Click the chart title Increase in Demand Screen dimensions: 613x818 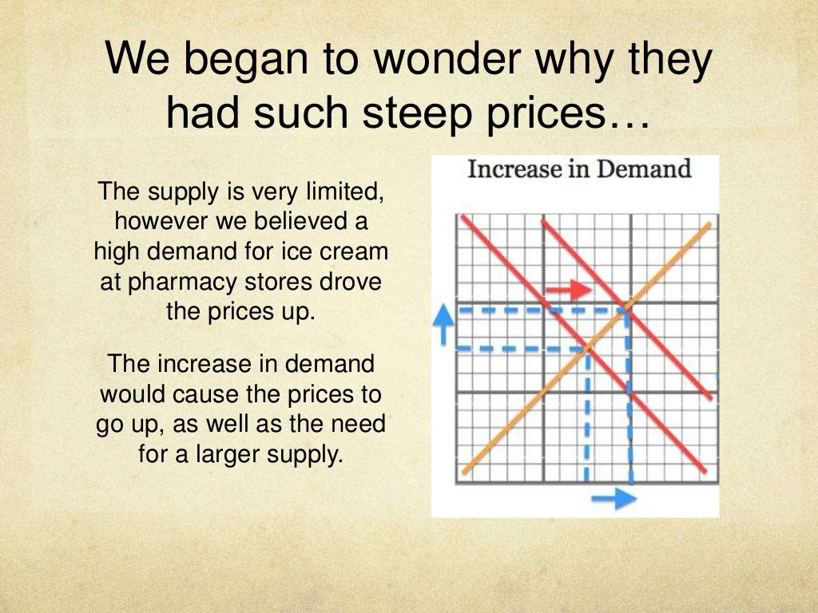point(578,169)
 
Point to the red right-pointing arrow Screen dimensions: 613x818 point(568,289)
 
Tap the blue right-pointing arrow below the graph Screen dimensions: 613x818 point(613,499)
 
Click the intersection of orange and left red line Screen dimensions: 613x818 point(588,347)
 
